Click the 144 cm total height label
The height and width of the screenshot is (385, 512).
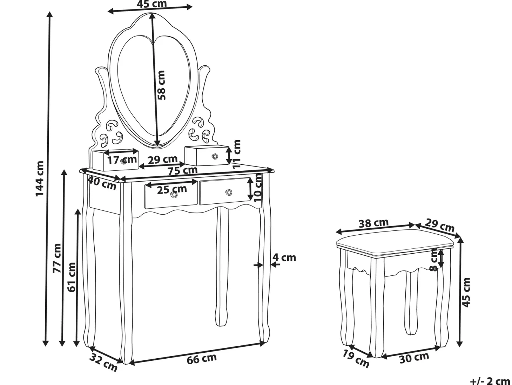pos(40,178)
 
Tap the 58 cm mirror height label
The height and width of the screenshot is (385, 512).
pos(161,85)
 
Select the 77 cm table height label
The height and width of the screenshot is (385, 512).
pos(57,258)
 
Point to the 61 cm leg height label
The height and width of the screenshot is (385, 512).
pos(72,277)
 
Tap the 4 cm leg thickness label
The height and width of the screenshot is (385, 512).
pos(284,258)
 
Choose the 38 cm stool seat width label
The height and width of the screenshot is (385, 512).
pos(373,223)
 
